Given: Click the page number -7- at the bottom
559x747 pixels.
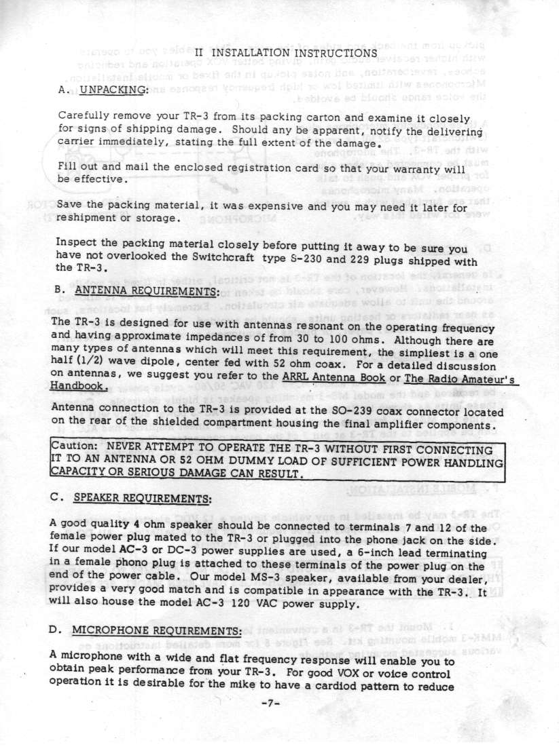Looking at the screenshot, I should click(x=278, y=721).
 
